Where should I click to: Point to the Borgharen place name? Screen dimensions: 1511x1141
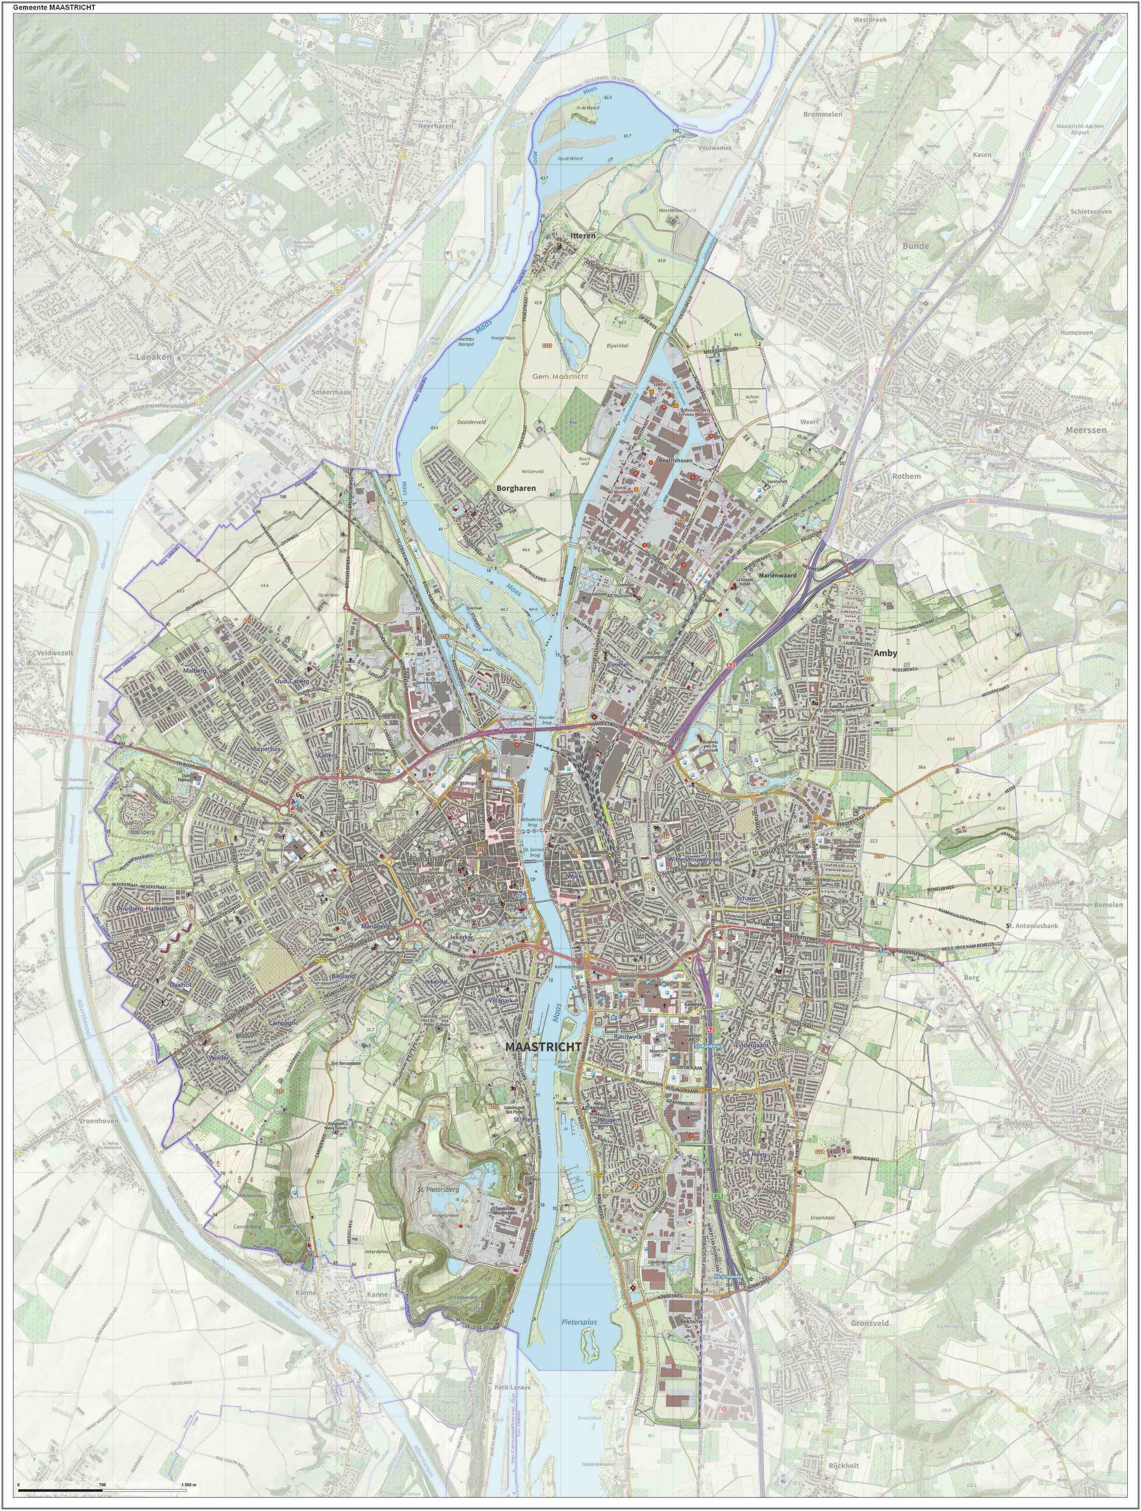(516, 489)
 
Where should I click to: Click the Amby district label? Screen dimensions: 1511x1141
(885, 653)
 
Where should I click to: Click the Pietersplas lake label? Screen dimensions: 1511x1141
(579, 1322)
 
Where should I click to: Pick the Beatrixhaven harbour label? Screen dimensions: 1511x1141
(676, 461)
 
